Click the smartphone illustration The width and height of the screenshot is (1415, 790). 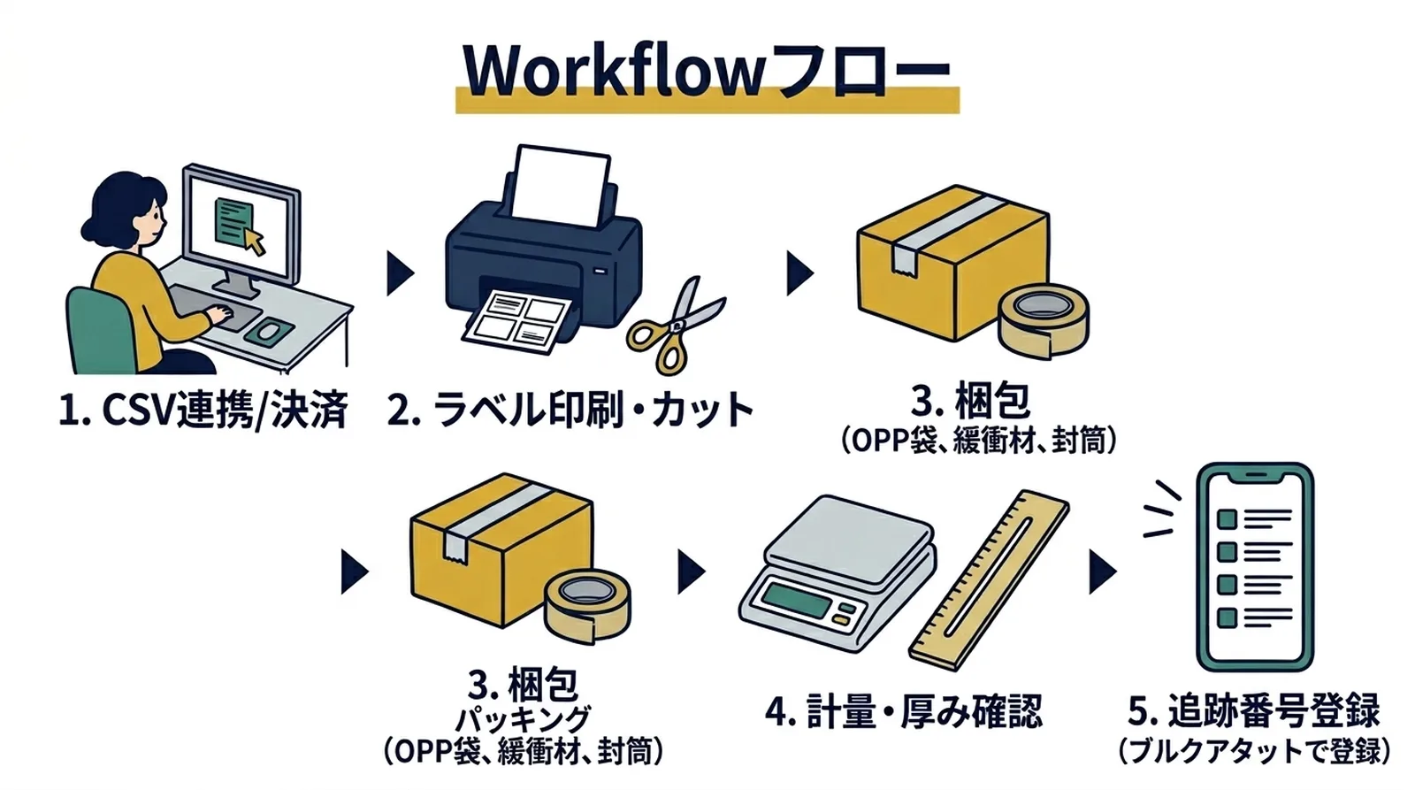[x=1254, y=566]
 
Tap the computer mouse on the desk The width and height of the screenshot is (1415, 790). [x=270, y=332]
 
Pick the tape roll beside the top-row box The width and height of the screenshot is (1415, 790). [x=1044, y=318]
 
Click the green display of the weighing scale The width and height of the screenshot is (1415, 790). [x=796, y=602]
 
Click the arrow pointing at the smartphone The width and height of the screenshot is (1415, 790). [x=1101, y=571]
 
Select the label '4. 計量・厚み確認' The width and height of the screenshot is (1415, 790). [x=904, y=712]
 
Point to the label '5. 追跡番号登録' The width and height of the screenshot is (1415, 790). [x=1254, y=712]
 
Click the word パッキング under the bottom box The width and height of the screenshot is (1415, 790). [x=523, y=718]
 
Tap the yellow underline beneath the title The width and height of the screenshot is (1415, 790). [x=707, y=104]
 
